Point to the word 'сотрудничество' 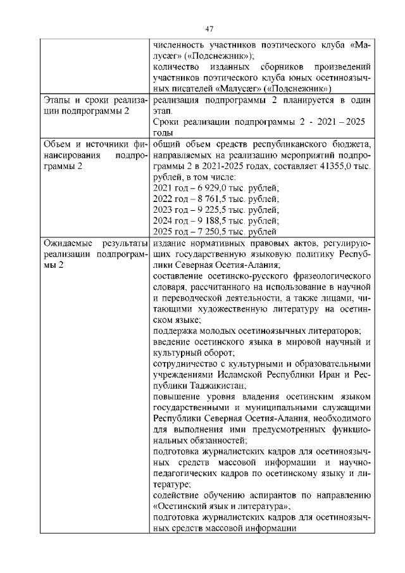tap(188, 363)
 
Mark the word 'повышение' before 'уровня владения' tap(177, 396)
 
